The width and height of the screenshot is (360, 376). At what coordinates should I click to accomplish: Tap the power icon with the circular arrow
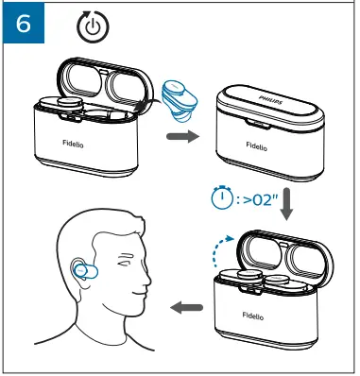92,27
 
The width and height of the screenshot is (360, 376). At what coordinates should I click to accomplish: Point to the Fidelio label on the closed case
256,145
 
